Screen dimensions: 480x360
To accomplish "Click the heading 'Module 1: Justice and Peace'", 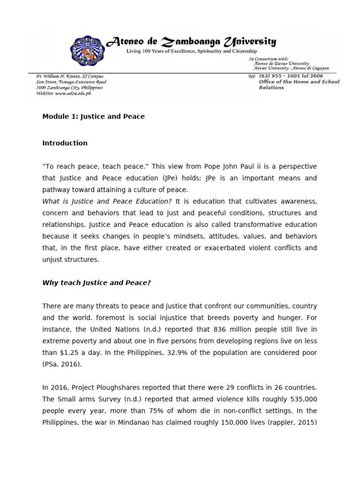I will (93, 117).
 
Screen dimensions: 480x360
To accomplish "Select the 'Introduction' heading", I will (65, 143).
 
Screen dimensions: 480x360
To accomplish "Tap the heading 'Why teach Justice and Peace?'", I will (97, 283).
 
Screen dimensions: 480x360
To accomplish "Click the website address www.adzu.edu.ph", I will (63, 93).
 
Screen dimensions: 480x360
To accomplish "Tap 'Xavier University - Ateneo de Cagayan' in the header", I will (291, 68).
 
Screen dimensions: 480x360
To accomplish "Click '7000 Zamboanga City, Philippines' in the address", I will (69, 88).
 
